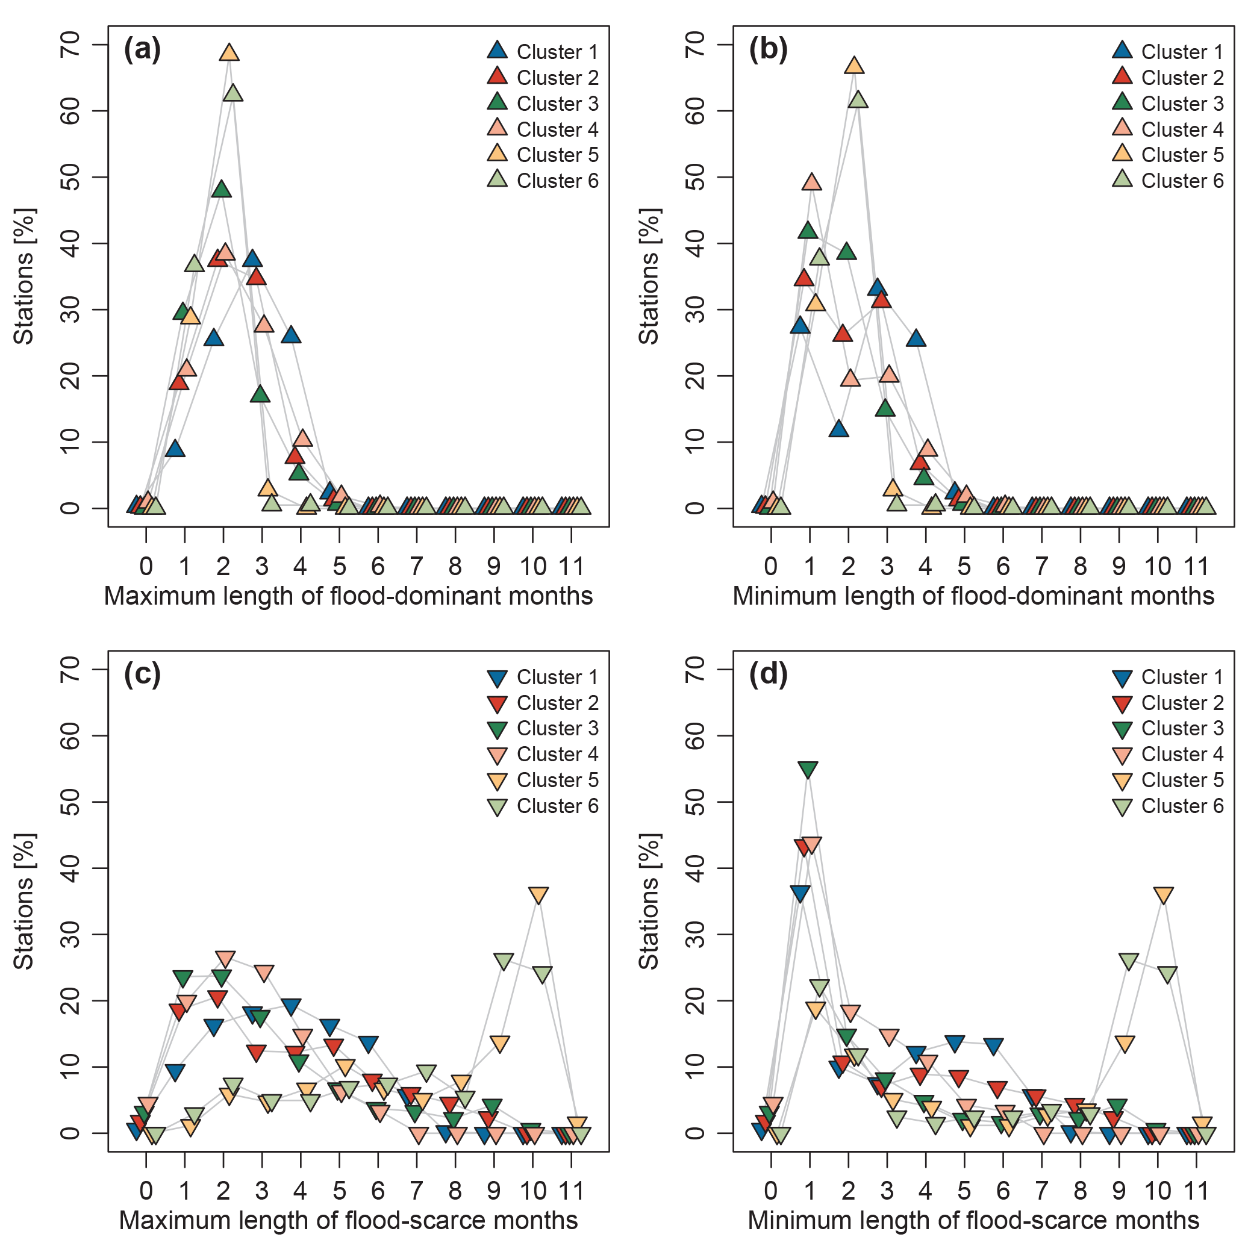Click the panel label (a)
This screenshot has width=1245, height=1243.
click(x=142, y=49)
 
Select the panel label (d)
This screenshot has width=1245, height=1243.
click(x=767, y=674)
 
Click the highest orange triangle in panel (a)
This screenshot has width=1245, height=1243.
click(x=229, y=53)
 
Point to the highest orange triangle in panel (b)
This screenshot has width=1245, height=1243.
click(x=854, y=66)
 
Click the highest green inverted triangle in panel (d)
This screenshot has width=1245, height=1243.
click(x=808, y=770)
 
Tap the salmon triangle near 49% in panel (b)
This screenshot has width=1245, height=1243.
click(x=812, y=182)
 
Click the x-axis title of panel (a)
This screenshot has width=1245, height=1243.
click(x=348, y=596)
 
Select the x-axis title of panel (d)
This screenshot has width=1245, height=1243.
click(x=973, y=1221)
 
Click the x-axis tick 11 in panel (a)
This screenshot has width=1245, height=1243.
click(x=571, y=567)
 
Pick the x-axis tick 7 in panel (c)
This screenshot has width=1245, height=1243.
click(x=416, y=1191)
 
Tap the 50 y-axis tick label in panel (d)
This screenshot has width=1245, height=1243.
click(x=694, y=802)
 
